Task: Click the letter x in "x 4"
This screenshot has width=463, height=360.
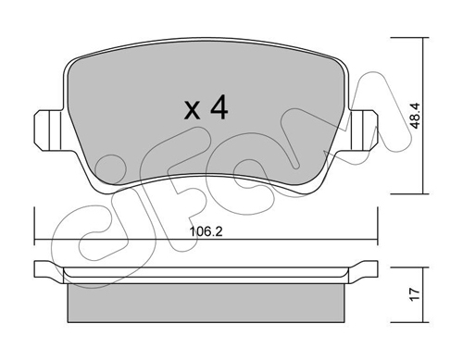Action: click(192, 111)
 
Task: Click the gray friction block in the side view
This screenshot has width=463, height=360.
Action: click(206, 298)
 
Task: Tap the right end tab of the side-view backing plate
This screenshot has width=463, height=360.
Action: click(369, 270)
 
